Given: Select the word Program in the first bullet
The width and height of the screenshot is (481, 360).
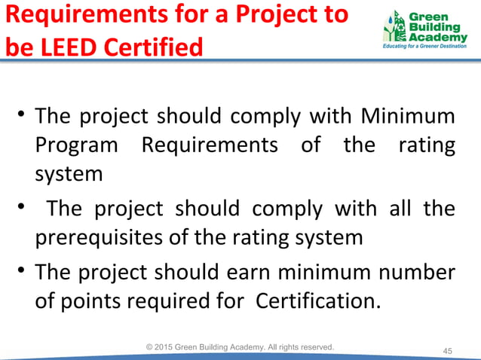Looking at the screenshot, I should click(x=77, y=145).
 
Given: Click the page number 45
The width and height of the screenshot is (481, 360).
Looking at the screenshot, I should click(x=447, y=351).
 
